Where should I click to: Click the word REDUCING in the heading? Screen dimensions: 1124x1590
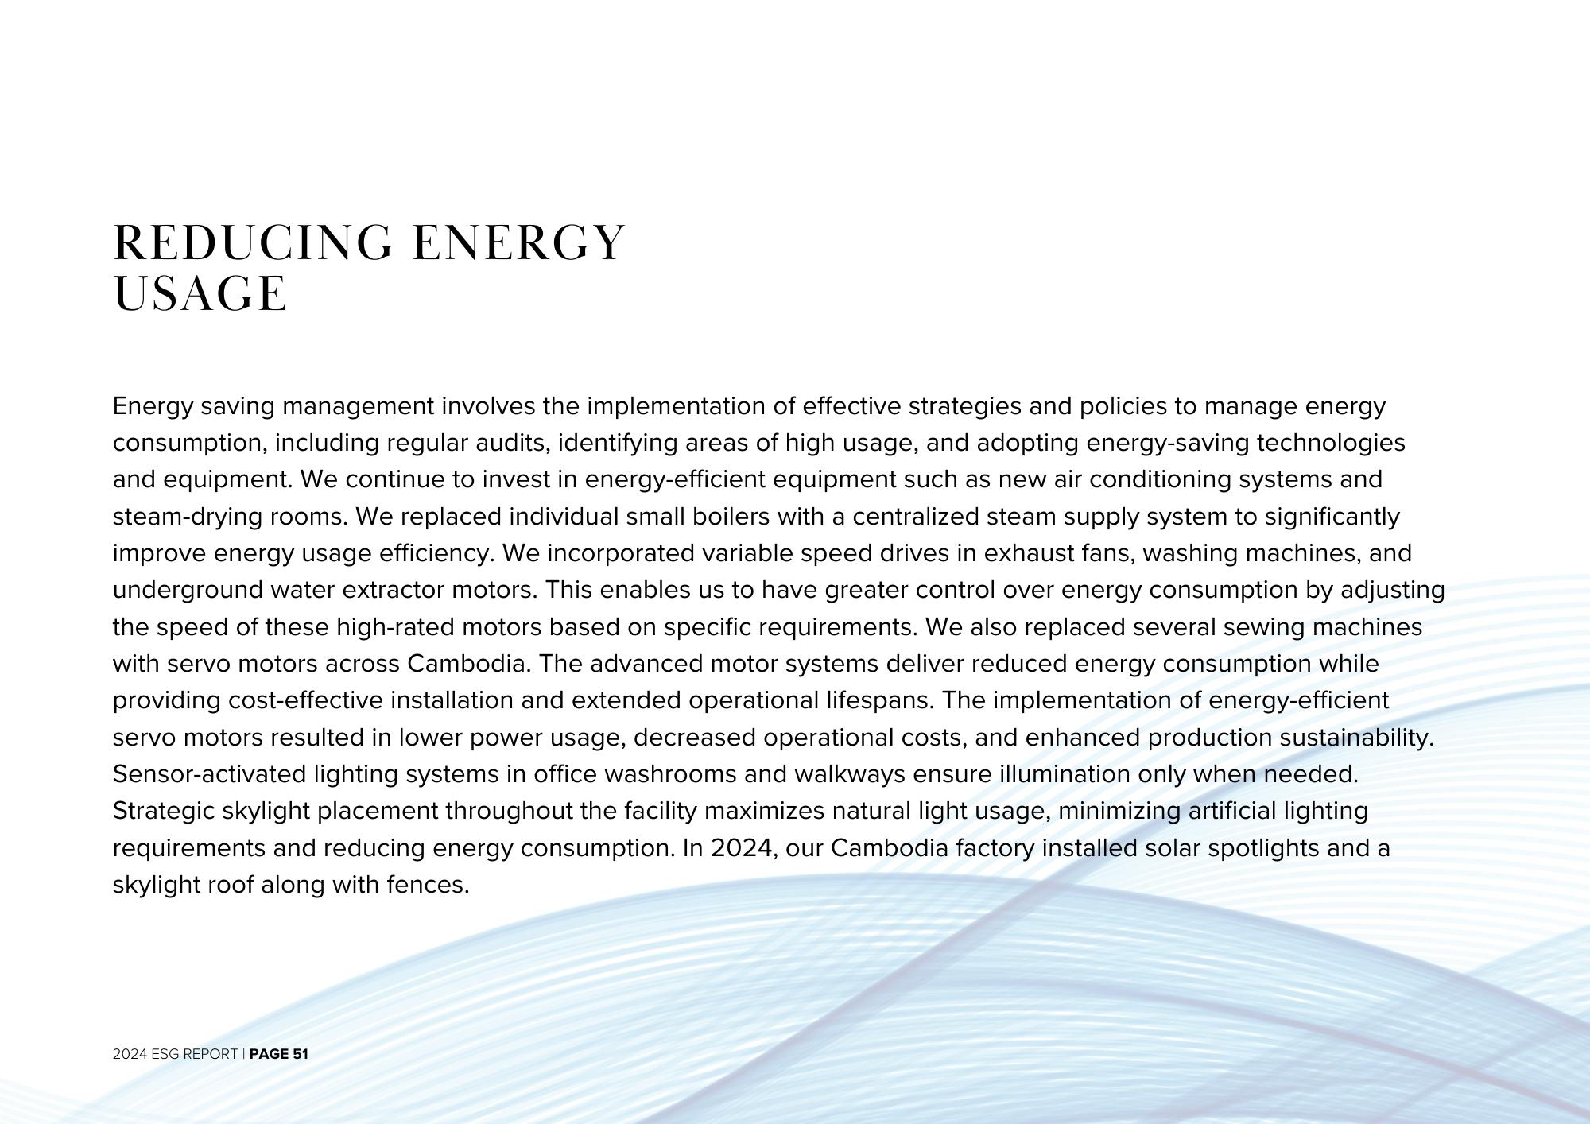pyautogui.click(x=253, y=243)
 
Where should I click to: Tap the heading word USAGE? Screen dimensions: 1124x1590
pyautogui.click(x=200, y=294)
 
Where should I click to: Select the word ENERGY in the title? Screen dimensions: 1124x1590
pyautogui.click(x=519, y=243)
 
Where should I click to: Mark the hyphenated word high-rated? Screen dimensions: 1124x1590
pyautogui.click(x=395, y=627)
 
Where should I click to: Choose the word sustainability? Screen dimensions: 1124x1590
pyautogui.click(x=1356, y=738)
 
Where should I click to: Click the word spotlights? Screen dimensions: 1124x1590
pyautogui.click(x=1263, y=848)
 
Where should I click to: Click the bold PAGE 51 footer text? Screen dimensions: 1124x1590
pyautogui.click(x=278, y=1054)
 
